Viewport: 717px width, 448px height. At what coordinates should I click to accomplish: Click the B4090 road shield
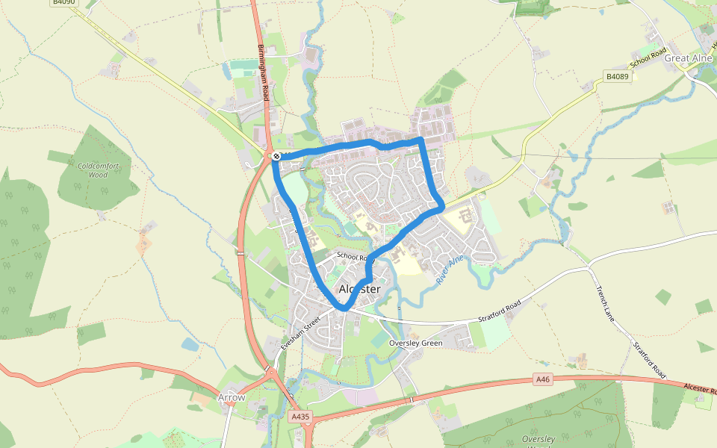pos(63,3)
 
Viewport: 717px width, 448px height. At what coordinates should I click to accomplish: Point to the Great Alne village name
pos(688,57)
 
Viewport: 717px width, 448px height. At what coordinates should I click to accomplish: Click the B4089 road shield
pos(616,76)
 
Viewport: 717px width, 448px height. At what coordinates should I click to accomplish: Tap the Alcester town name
pos(359,289)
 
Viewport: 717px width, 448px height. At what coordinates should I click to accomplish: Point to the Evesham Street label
pos(300,334)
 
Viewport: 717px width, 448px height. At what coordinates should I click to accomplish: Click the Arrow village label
pos(232,397)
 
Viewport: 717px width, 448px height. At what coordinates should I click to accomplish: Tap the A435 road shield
pos(299,417)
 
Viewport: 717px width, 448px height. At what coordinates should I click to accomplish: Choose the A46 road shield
pos(543,380)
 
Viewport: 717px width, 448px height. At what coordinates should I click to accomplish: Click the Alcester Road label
pos(698,389)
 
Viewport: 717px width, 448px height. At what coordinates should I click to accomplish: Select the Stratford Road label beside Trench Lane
pos(648,361)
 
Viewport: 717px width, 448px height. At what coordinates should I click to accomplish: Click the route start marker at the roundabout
pos(276,156)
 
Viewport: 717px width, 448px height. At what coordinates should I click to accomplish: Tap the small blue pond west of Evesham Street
pos(190,344)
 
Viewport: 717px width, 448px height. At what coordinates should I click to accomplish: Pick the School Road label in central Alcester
pos(353,255)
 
